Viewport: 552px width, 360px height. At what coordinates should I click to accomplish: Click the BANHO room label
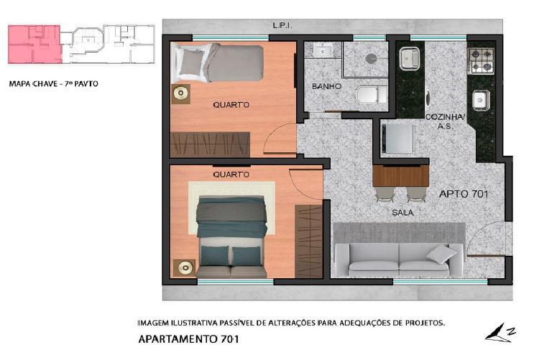point(326,86)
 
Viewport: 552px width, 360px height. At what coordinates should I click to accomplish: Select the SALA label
point(402,213)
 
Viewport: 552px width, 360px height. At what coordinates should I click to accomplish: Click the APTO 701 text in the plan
point(464,194)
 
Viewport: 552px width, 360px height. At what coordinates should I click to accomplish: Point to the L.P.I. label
point(282,25)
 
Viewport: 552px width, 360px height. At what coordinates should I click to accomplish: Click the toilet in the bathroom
point(371,94)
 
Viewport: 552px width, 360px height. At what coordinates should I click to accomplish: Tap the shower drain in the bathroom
point(369,59)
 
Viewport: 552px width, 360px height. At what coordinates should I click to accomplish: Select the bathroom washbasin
point(323,50)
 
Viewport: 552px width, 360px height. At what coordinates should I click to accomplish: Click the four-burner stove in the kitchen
point(481,61)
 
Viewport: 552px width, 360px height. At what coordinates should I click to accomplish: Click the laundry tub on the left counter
point(409,58)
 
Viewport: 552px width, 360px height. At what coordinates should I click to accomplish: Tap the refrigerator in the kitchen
point(397,139)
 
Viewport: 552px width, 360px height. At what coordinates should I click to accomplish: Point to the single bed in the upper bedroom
point(217,63)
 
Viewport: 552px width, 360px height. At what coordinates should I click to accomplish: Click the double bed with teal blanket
point(231,236)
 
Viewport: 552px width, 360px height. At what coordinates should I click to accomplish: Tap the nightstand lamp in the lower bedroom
point(185,268)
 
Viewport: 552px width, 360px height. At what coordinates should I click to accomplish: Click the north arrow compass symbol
point(500,333)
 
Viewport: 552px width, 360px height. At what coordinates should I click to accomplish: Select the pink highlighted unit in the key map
point(34,45)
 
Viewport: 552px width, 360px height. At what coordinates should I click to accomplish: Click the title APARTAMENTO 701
point(188,339)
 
